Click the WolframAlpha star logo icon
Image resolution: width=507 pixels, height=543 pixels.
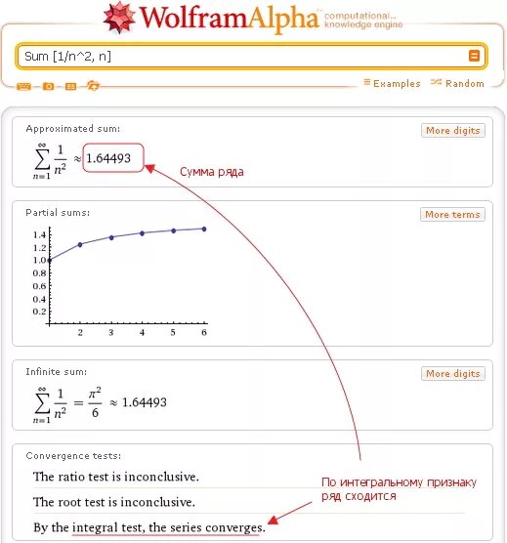tap(120, 18)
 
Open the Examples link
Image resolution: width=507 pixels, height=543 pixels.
tap(397, 84)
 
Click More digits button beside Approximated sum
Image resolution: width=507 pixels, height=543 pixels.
tap(453, 130)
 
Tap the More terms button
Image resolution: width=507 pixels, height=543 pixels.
tap(453, 215)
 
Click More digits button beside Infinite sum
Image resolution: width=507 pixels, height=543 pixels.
tap(453, 374)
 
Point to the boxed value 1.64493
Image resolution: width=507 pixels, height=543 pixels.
tap(112, 157)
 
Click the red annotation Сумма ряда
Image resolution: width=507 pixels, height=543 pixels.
tap(211, 172)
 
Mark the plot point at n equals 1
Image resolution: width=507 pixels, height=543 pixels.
tap(50, 260)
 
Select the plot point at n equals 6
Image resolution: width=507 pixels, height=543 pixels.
tap(204, 229)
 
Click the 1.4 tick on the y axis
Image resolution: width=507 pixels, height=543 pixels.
tap(39, 235)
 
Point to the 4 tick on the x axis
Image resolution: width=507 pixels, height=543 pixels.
tap(142, 333)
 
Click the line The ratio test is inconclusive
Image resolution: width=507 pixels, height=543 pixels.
tap(116, 478)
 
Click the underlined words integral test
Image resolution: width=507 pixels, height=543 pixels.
tap(107, 527)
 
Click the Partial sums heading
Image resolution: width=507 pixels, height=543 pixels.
tap(58, 213)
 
